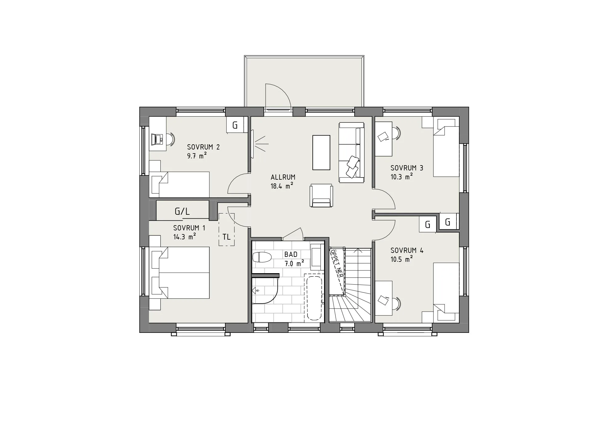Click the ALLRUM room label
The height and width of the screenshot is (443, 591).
pos(283,177)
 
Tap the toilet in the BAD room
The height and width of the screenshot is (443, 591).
pos(262,257)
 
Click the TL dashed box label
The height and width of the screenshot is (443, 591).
pos(227,237)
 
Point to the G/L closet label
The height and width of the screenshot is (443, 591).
pos(182,212)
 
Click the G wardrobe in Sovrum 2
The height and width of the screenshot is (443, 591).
pos(235,125)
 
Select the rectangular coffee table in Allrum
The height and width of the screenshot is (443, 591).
pos(321,152)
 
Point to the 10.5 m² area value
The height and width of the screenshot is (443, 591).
pos(401,259)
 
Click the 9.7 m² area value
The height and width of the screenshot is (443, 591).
pos(196,156)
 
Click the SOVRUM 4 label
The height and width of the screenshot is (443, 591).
pos(407,250)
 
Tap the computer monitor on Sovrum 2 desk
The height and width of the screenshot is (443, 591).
pos(157,139)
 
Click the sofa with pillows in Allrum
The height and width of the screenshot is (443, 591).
pos(352,153)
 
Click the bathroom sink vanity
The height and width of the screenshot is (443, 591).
pos(317,257)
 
